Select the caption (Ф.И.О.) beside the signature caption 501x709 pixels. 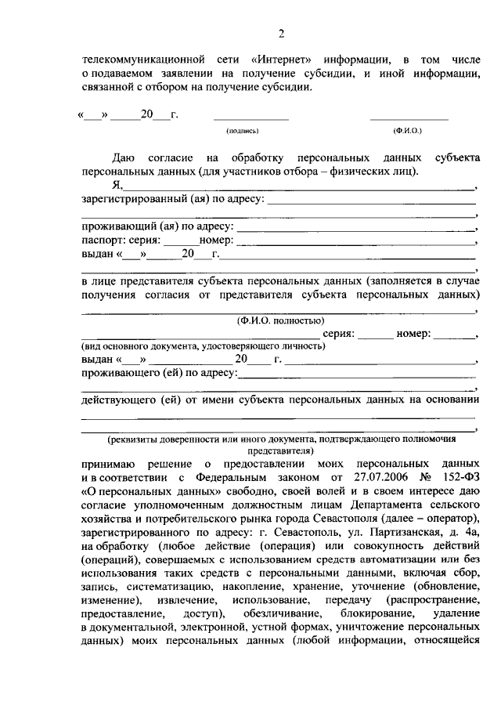coord(409,132)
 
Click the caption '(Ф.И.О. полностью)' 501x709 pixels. coord(279,320)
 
